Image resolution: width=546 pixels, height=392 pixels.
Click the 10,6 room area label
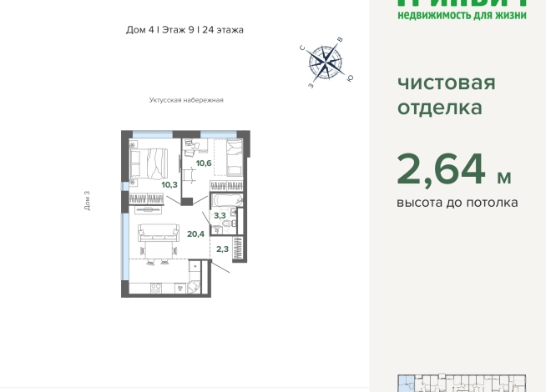[x=204, y=163]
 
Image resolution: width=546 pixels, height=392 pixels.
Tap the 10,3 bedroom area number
[x=169, y=184]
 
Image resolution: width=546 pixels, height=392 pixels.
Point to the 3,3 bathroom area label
[x=220, y=215]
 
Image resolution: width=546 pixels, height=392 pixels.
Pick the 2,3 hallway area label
[x=222, y=248]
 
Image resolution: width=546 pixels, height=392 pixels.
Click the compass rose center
[x=326, y=61]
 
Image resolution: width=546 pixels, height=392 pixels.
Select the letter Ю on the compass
[x=350, y=78]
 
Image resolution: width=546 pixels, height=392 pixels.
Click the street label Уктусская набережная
[x=186, y=100]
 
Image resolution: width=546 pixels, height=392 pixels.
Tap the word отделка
[x=439, y=108]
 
